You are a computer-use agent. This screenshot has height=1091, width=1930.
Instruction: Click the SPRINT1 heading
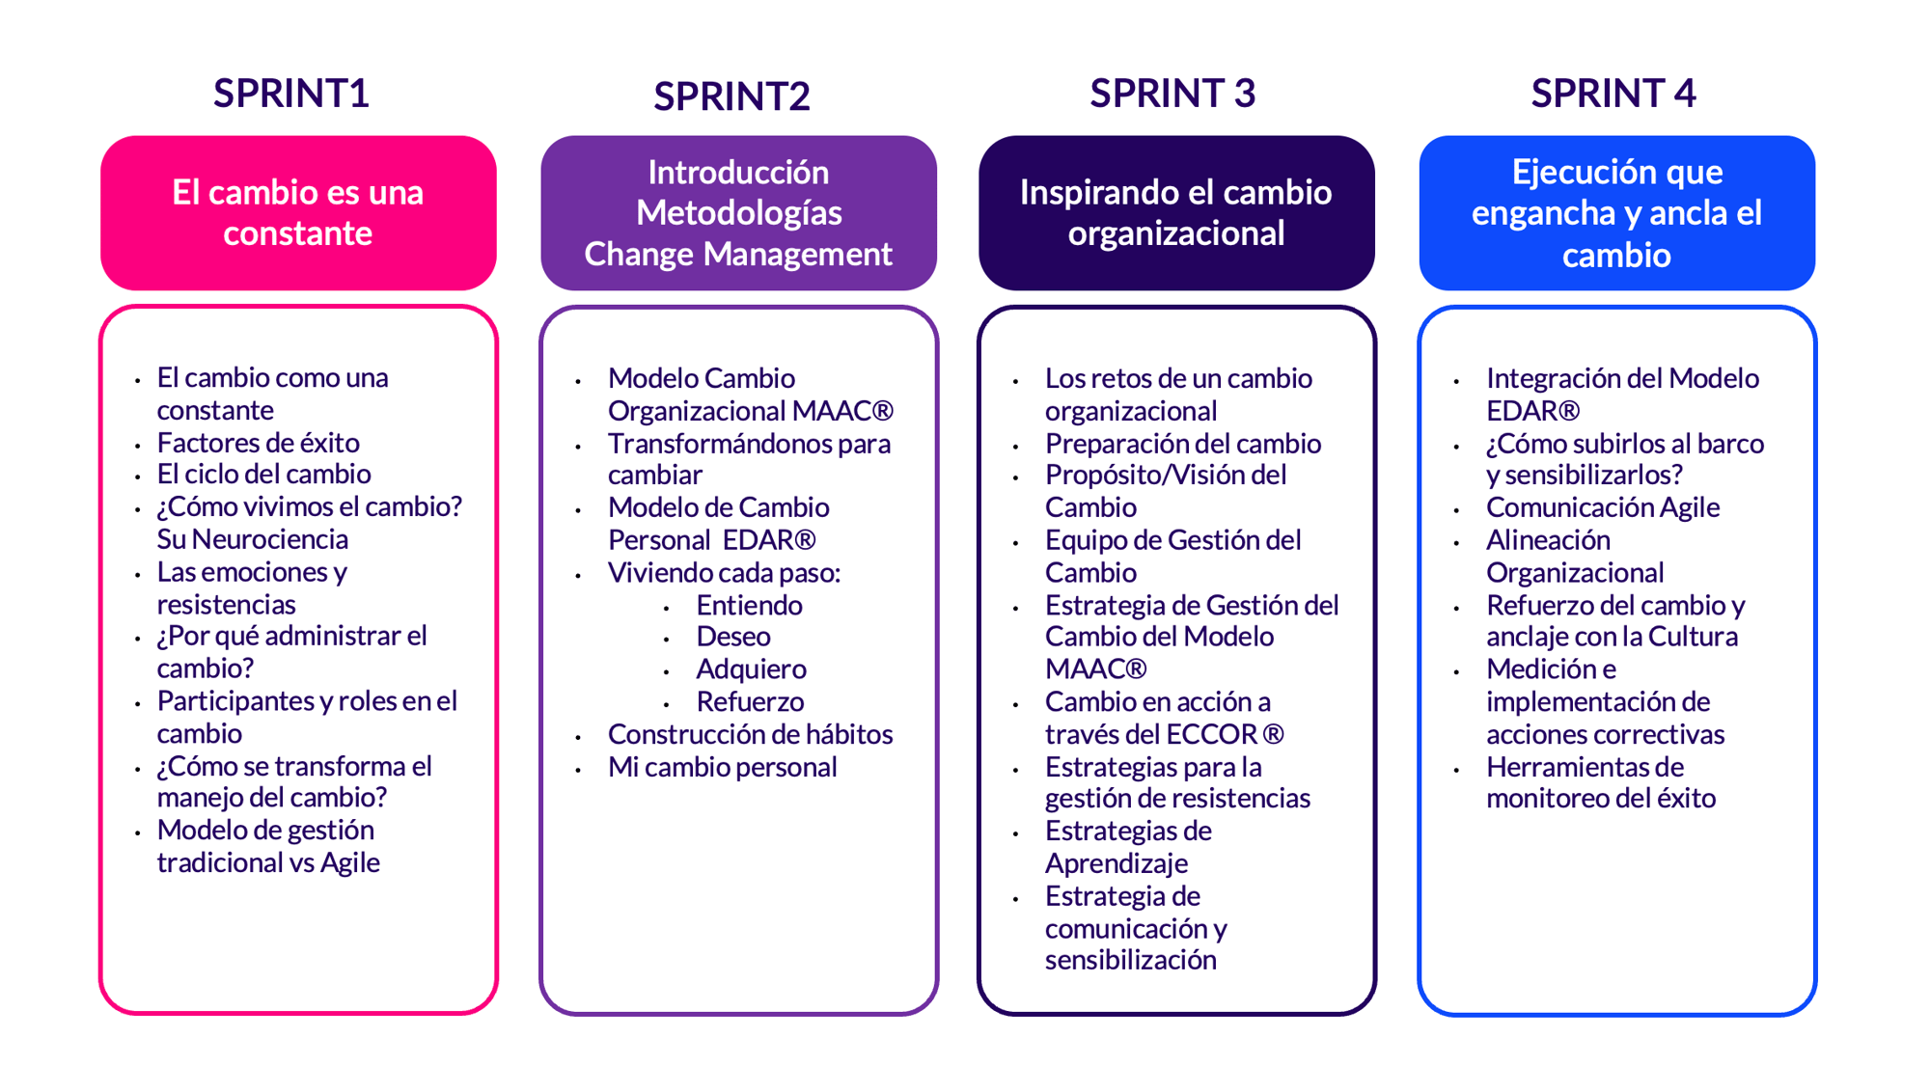click(290, 94)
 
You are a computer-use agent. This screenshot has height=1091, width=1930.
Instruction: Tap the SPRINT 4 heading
click(1613, 94)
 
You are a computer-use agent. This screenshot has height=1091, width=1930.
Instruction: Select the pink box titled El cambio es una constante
click(298, 212)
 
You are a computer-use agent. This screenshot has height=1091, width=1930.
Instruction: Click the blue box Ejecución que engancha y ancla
click(1616, 212)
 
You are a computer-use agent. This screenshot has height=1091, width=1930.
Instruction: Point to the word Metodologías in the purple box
click(738, 212)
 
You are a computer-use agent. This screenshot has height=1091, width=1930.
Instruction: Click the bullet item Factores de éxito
click(258, 443)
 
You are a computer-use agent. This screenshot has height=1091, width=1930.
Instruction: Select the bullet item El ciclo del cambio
click(263, 475)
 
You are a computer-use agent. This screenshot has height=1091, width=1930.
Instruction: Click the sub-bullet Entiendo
click(749, 606)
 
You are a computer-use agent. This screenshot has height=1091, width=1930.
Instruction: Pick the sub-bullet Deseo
click(733, 637)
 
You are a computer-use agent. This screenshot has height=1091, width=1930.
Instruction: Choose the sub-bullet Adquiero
click(751, 669)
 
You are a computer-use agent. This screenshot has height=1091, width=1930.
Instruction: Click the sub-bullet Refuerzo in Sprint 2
click(750, 702)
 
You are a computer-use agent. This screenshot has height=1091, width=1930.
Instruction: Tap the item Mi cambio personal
click(722, 768)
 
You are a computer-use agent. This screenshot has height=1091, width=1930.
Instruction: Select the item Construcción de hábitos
click(750, 735)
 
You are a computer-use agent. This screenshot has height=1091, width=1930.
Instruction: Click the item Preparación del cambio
click(1182, 444)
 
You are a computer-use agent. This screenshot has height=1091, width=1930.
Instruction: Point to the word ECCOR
click(1210, 735)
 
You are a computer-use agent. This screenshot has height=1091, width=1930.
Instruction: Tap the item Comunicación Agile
click(1602, 507)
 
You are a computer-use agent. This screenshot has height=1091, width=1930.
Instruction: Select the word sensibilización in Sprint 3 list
click(1130, 961)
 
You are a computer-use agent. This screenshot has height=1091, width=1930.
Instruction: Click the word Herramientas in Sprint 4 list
click(1585, 768)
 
